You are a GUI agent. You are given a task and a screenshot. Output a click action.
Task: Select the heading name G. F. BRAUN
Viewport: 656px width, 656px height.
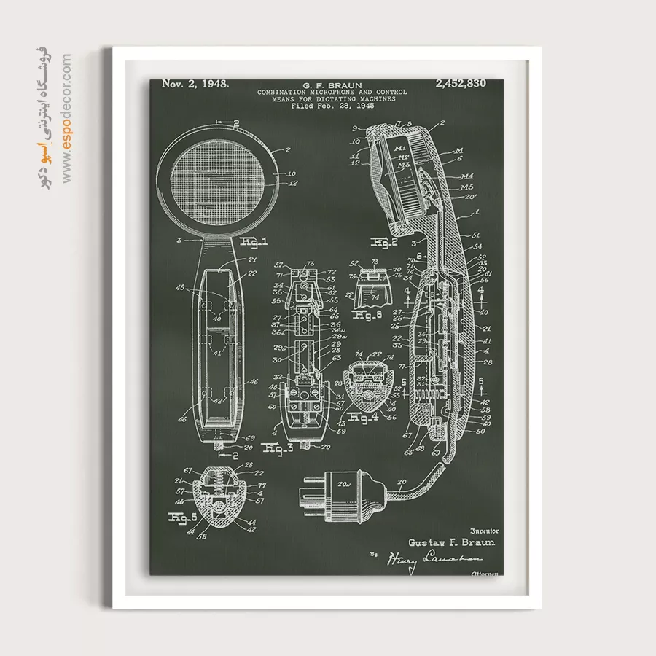pyautogui.click(x=332, y=85)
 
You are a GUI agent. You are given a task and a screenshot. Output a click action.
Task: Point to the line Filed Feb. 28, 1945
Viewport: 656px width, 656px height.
pyautogui.click(x=332, y=106)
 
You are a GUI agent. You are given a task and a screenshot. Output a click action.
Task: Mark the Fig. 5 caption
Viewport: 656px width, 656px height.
pyautogui.click(x=183, y=518)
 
